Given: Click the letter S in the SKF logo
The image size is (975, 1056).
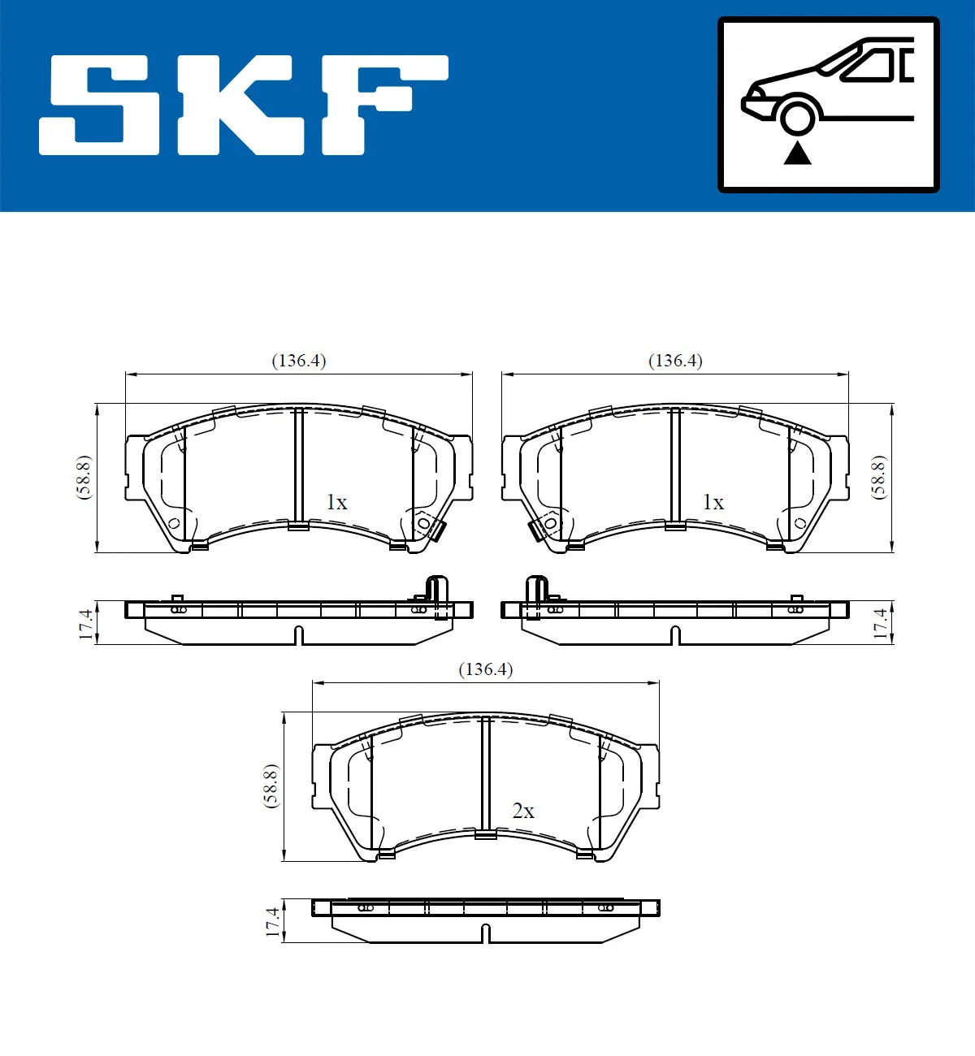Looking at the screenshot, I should coord(99,106).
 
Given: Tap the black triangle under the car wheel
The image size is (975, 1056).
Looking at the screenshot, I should coord(798,153).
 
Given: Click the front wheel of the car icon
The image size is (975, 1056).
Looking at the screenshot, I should coord(797,115).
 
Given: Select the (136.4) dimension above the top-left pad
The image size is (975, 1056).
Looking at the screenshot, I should coord(298,361).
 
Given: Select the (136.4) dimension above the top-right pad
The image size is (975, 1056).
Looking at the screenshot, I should coord(675,361).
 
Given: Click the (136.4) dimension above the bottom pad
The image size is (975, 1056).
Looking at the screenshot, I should coord(486,669).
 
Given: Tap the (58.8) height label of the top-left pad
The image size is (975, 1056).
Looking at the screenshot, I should coord(84,478).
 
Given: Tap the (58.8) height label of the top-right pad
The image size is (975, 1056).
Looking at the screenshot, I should coord(878,478).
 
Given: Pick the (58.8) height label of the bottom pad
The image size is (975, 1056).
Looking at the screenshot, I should coord(271,786).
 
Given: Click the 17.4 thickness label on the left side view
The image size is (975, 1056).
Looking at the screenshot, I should coord(86,624).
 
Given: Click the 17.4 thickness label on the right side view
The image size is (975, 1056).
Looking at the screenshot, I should coord(880,624).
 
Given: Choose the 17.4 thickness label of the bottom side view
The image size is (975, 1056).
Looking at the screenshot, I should coord(273,923).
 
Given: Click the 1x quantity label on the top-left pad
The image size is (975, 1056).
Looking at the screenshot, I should coord(336,503).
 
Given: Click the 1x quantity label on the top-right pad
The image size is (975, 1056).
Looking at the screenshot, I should coord(713,503).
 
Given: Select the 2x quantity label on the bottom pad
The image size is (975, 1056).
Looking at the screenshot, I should coord(523,811).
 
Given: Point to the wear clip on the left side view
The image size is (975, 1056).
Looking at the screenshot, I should coord(437,595).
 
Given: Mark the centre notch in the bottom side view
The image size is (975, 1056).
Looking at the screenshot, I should coord(486,934).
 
